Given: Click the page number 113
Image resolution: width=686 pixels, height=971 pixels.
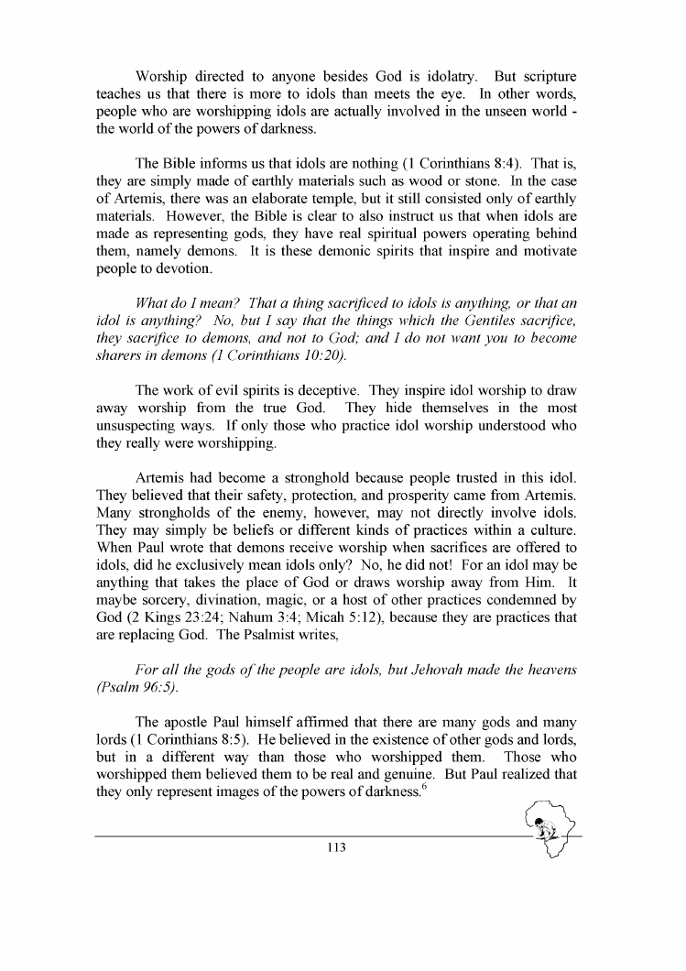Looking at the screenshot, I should click(x=334, y=848).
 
